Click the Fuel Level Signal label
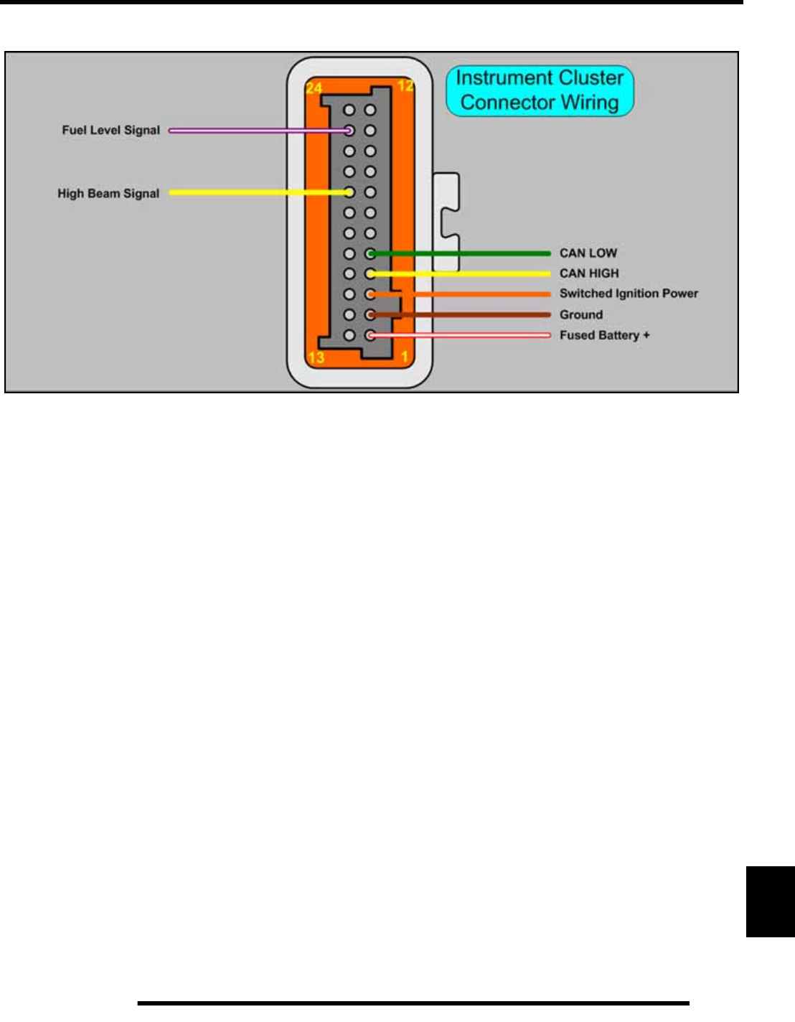click(110, 130)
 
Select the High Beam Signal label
click(108, 193)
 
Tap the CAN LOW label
click(588, 253)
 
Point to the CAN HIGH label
click(588, 273)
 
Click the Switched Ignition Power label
click(629, 293)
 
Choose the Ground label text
click(580, 314)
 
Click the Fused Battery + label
click(604, 335)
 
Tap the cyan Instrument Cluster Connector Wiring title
click(540, 90)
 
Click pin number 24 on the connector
click(314, 88)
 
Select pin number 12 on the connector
click(405, 85)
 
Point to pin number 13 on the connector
click(316, 357)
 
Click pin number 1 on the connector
click(405, 357)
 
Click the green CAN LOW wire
click(466, 253)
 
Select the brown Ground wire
click(466, 314)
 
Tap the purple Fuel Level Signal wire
click(251, 131)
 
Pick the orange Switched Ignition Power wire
click(466, 294)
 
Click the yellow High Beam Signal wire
click(251, 192)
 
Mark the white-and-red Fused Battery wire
click(466, 335)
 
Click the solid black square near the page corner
click(770, 901)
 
